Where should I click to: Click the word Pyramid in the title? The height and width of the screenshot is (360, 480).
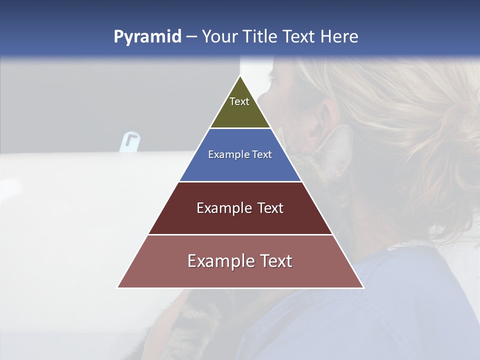(147, 37)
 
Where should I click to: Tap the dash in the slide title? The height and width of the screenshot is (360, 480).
(191, 37)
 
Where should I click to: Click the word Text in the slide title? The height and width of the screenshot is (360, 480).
(299, 37)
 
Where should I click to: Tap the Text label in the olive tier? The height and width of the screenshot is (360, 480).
(239, 101)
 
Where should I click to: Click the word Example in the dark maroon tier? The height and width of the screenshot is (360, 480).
(223, 208)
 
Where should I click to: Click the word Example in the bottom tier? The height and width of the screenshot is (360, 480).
(220, 261)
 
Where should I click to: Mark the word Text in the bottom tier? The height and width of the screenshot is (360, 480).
(274, 261)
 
